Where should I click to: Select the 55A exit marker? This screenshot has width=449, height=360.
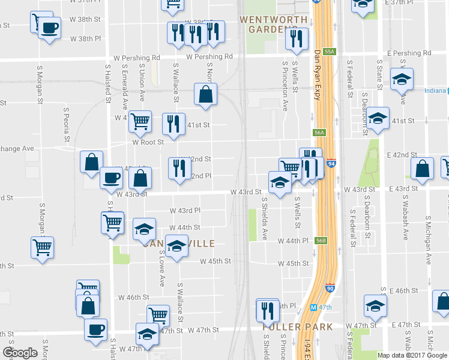(x=328, y=52)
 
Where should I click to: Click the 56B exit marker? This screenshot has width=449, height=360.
(x=321, y=241)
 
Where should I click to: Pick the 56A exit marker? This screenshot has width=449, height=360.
(x=319, y=133)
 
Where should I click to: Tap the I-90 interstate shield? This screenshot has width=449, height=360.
(x=330, y=288)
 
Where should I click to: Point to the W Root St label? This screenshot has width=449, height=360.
(x=148, y=142)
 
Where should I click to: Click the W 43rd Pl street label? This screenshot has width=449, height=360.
(x=185, y=211)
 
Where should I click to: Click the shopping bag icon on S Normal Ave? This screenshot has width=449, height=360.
(x=205, y=94)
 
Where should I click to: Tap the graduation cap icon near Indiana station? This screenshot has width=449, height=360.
(x=401, y=79)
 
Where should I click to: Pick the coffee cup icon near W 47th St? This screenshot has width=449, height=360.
(x=95, y=329)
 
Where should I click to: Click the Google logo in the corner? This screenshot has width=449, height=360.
(x=20, y=353)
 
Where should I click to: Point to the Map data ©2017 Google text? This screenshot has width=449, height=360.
(x=412, y=355)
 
